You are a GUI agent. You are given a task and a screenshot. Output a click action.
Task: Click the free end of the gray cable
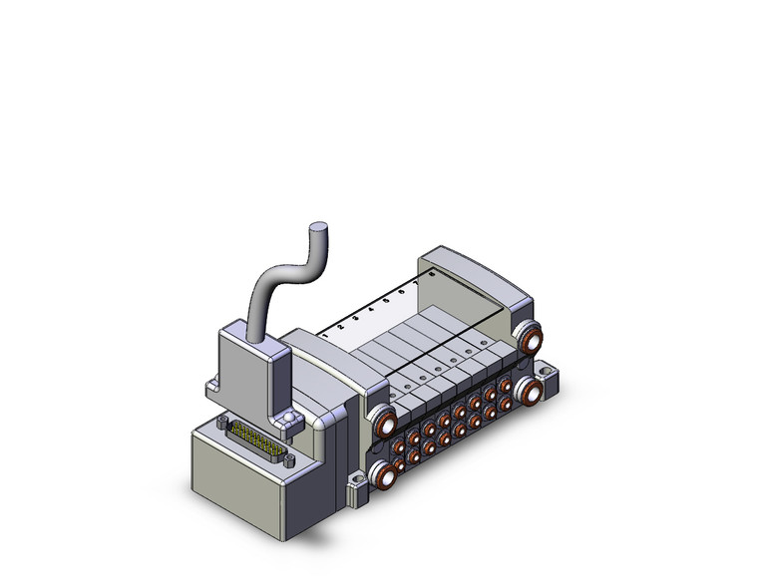click(x=319, y=230)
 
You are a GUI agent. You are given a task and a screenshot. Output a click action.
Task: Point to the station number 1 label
click(x=326, y=337)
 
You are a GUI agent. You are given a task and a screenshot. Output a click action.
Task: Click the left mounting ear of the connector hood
click(x=212, y=384)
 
